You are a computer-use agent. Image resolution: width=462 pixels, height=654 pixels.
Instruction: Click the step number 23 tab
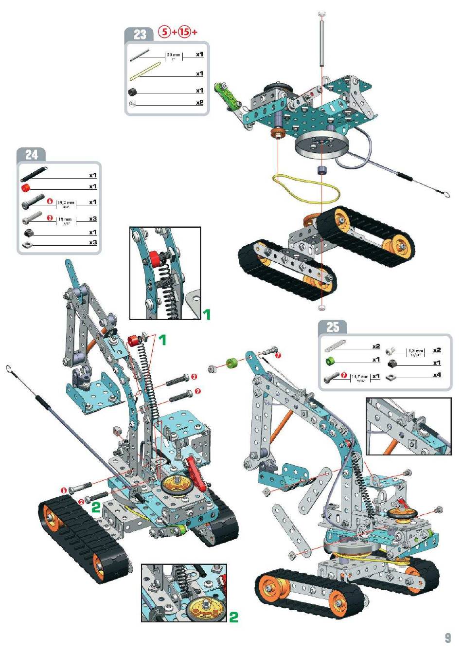coord(140,34)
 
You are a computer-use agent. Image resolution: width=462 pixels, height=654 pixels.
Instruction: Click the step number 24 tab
coord(32,155)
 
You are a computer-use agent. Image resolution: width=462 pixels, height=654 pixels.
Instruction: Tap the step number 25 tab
coord(333,327)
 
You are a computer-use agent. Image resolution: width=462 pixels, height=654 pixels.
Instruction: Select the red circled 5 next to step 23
coord(165,32)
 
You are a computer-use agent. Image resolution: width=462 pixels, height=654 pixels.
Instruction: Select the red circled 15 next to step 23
coord(184,32)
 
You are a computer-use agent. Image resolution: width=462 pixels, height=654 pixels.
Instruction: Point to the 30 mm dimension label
coord(174,55)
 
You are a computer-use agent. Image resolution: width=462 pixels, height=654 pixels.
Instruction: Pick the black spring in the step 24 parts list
coord(34,173)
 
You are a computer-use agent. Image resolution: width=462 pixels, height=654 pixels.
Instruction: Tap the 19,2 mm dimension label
coord(66,203)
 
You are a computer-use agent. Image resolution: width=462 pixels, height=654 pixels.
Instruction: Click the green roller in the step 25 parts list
coord(330,361)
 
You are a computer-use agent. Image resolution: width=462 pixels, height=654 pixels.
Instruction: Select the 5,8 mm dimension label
coord(416,351)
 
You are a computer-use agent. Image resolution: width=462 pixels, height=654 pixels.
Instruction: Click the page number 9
coord(447,637)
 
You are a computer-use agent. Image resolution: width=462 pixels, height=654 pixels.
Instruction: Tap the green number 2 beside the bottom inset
coord(233,617)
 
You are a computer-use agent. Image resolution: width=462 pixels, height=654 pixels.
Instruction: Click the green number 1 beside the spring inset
coord(207,314)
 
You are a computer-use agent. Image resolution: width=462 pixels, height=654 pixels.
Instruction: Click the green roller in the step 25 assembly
coord(231,363)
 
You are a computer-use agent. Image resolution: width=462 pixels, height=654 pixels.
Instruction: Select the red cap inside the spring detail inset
coord(155,256)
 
